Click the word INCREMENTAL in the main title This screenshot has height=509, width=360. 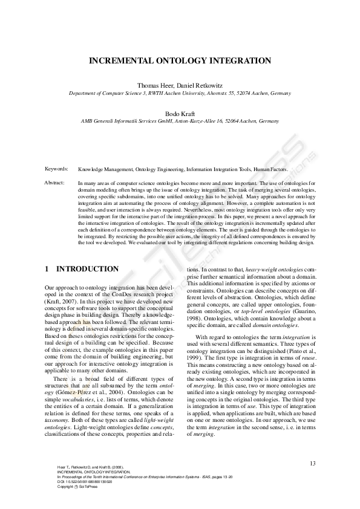pos(119,61)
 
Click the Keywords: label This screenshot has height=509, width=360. pos(56,169)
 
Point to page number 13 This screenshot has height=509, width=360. pos(312,463)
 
